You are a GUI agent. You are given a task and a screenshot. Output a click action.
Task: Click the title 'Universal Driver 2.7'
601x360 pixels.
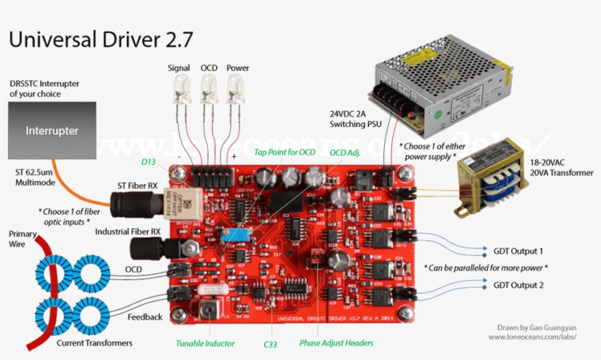coord(101,38)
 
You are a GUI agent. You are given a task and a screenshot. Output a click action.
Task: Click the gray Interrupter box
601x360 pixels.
coord(52,131)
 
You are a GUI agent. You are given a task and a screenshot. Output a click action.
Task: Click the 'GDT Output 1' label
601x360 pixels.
coord(518,250)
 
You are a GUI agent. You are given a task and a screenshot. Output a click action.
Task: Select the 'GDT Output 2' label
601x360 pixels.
coord(518,285)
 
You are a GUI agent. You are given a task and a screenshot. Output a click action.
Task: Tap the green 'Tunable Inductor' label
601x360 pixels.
coord(205,343)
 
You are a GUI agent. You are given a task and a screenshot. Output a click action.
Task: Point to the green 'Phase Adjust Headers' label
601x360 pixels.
coord(336,343)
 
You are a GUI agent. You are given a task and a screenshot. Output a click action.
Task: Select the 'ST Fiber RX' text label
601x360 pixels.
coord(138,185)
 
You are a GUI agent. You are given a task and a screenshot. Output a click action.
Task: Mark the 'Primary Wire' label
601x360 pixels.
coord(22,239)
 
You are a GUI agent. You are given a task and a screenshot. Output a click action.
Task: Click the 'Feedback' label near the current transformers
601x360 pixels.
coord(144,317)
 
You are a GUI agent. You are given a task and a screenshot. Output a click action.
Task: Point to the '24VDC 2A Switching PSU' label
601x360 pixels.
coord(353,120)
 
